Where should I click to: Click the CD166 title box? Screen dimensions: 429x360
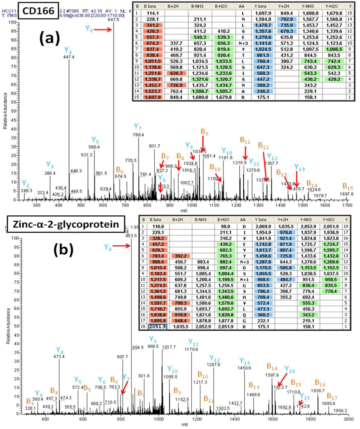point(39,11)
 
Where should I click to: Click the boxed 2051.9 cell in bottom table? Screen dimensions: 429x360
point(157,327)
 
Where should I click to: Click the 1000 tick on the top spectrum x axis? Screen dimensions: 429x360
point(192,205)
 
